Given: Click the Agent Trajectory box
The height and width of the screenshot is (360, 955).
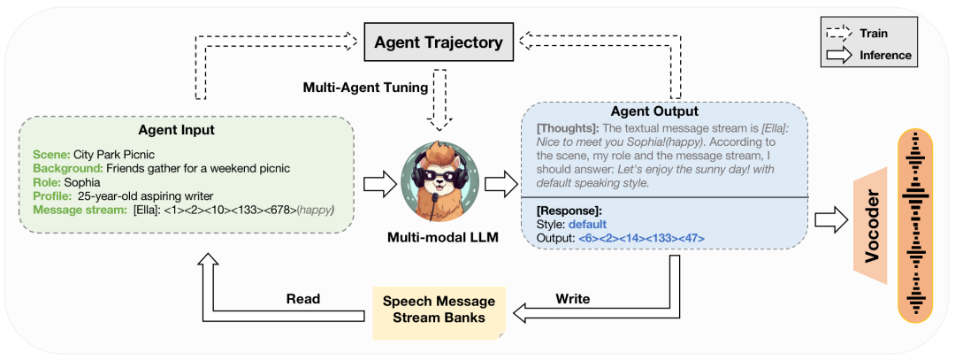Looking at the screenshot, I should (438, 42).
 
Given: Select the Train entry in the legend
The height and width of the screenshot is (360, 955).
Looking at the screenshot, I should (871, 34).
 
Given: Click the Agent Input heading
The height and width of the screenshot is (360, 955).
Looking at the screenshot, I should (187, 130).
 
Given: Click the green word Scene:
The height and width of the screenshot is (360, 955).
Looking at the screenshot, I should (52, 154).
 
